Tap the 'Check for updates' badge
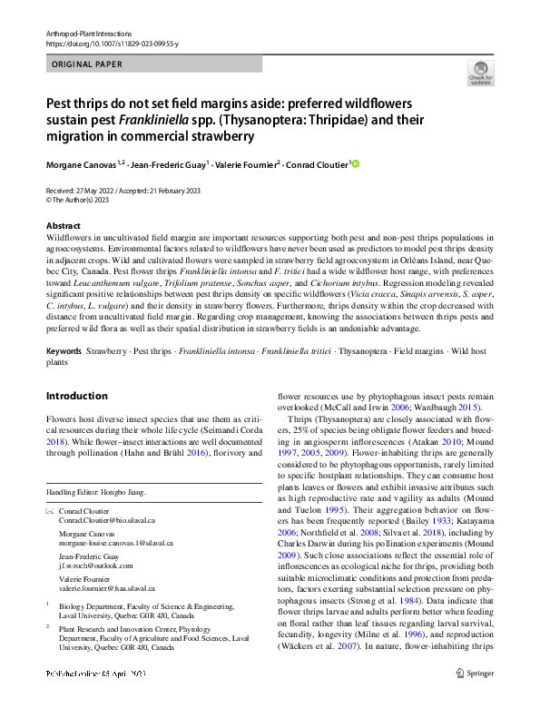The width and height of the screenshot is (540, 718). [480, 72]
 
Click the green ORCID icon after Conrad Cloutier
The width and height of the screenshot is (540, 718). [356, 164]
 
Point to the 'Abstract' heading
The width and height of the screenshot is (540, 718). [63, 225]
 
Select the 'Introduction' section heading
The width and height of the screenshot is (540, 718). [76, 396]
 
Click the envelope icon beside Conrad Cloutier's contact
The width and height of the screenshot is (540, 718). [51, 513]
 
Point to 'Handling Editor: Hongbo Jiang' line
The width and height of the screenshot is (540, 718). [96, 492]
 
